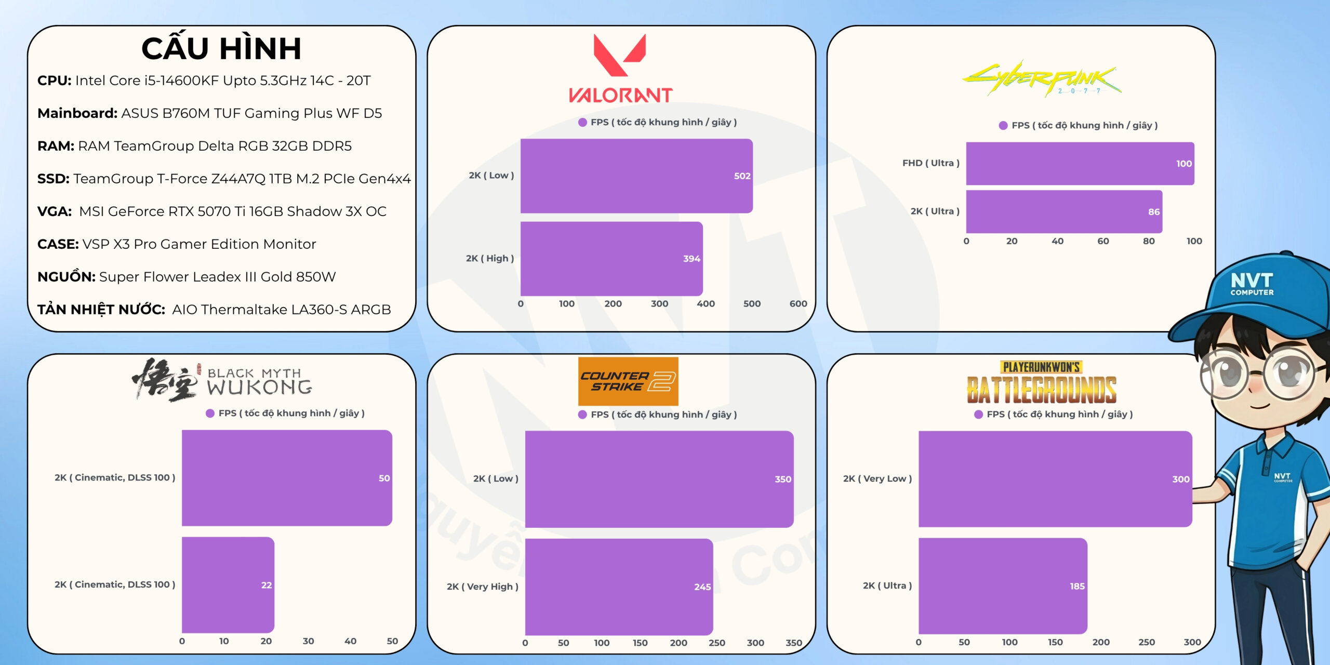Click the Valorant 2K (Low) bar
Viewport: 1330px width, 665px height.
(x=636, y=176)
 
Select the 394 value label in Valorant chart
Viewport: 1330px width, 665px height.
(x=691, y=259)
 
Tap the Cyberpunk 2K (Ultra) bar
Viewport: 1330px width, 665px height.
(x=1064, y=211)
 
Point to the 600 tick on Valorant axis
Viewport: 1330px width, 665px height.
(x=798, y=304)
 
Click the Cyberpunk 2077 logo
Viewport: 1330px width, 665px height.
(x=1042, y=79)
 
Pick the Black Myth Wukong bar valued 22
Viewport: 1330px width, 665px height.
(x=228, y=584)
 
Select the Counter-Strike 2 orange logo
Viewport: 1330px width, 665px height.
(x=628, y=381)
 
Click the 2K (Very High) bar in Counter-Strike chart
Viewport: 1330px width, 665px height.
(x=619, y=587)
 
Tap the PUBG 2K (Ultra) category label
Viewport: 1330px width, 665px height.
(x=887, y=586)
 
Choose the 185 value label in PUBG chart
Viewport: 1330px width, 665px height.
(x=1077, y=586)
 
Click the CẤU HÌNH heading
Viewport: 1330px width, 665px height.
(x=221, y=49)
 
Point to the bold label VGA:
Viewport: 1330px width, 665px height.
(x=55, y=211)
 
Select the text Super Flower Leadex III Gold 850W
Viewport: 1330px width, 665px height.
(x=217, y=277)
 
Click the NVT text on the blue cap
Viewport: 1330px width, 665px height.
(x=1252, y=281)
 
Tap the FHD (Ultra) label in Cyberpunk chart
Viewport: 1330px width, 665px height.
(x=930, y=163)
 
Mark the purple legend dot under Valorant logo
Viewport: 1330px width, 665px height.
(x=582, y=123)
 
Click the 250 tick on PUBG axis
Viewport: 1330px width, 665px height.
(x=1147, y=642)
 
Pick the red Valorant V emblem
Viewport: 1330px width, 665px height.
(x=620, y=55)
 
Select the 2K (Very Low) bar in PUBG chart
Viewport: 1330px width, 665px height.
(x=1055, y=479)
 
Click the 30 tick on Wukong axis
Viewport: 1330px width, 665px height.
(x=308, y=641)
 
